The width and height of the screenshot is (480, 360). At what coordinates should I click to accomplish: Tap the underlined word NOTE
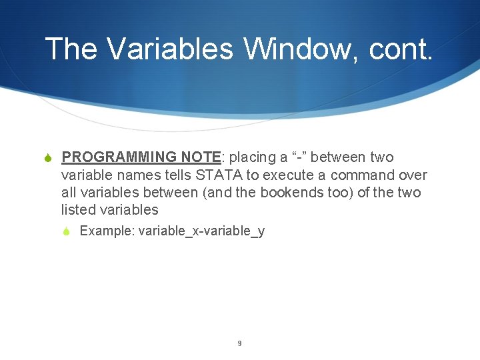point(201,157)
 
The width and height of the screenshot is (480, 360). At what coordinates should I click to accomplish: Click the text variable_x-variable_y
point(201,231)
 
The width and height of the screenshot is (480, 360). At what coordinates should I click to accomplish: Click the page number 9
point(239,344)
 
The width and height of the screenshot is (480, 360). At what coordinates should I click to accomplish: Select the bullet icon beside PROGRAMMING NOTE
point(47,158)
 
